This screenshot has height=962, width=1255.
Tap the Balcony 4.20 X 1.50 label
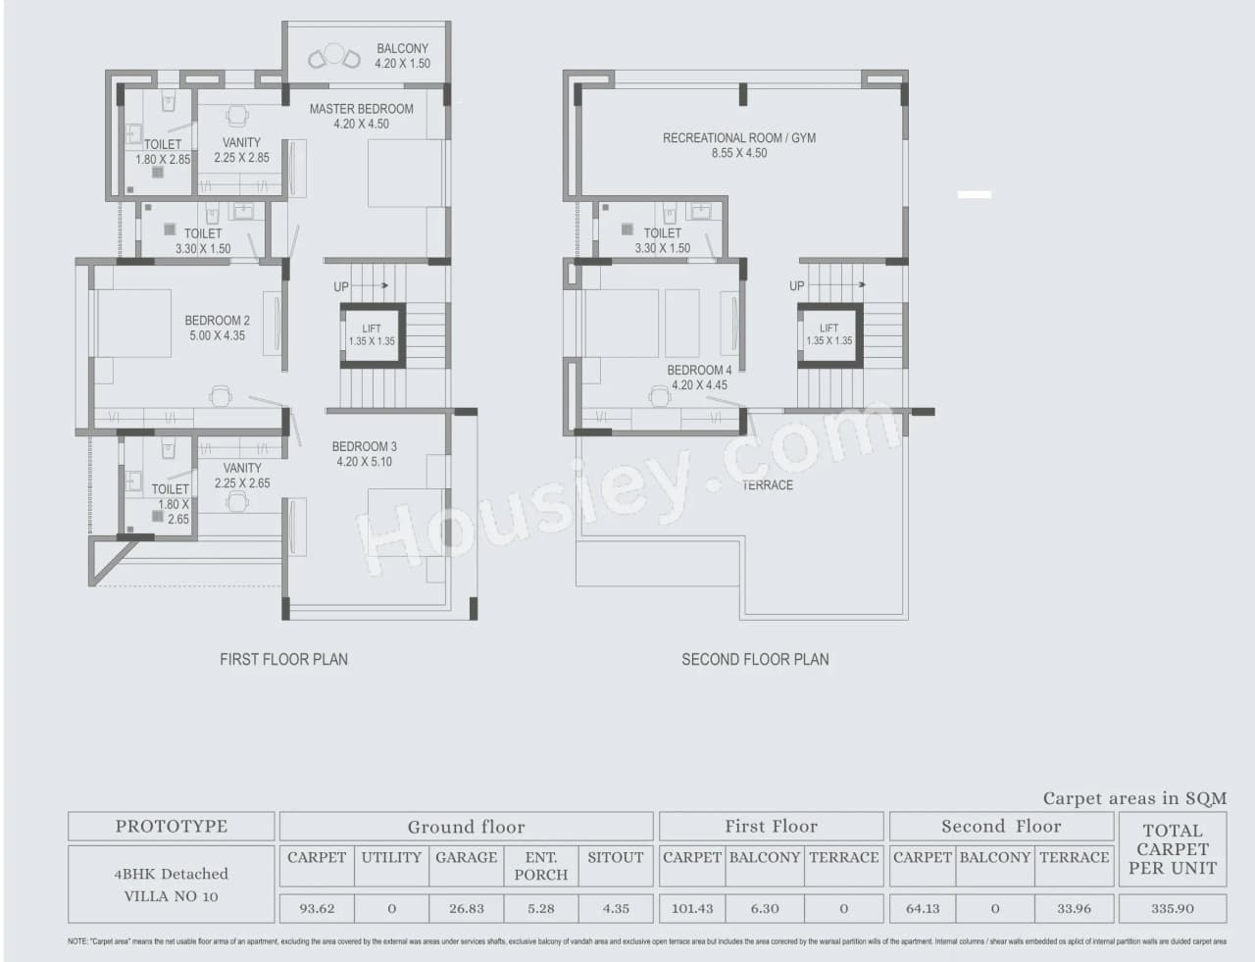[x=402, y=56]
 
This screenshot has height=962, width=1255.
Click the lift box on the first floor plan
[x=372, y=335]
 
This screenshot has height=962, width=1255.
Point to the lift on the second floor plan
[x=828, y=334]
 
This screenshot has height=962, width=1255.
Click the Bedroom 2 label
[x=217, y=328]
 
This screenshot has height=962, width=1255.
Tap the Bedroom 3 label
[x=364, y=454]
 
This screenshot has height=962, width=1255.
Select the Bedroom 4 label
[x=699, y=378]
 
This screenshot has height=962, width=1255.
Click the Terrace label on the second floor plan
[x=767, y=485]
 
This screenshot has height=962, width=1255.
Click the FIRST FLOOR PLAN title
[x=283, y=660]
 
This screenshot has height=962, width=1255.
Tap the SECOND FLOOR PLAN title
[x=755, y=660]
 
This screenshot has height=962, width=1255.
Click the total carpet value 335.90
[x=1172, y=908]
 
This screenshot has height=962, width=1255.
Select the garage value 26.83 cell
[x=466, y=908]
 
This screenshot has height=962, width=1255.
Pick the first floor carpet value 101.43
[x=691, y=908]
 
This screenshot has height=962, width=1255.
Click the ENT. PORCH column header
[x=540, y=866]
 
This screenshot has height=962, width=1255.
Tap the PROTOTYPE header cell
[x=171, y=827]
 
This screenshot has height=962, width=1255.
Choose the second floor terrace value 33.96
[x=1074, y=908]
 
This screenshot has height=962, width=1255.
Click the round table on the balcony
[x=334, y=54]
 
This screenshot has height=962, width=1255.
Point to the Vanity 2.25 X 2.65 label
[x=241, y=476]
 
